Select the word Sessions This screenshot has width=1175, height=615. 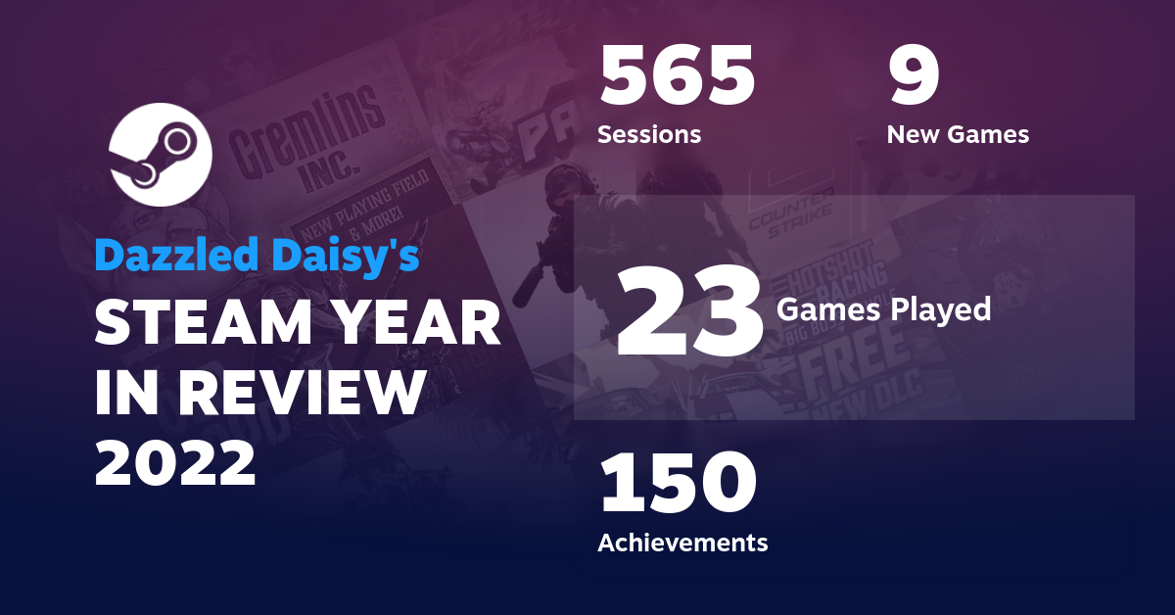point(649,134)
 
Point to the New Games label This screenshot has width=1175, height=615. point(958,134)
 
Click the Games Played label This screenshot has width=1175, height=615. point(883,310)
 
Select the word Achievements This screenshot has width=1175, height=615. point(682,542)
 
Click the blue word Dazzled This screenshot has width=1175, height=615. point(171,257)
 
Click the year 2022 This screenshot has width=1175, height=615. point(175,463)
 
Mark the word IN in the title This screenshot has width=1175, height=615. point(129,395)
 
